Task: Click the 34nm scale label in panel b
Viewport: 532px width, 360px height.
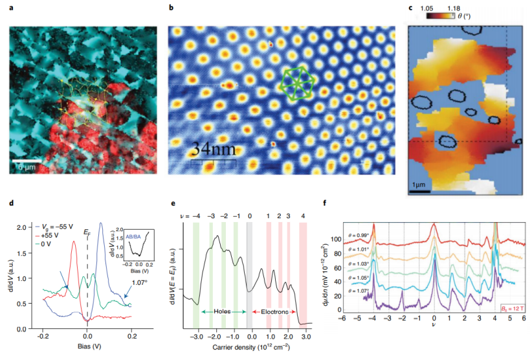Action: pos(212,151)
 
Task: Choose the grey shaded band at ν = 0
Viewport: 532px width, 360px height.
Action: pos(250,272)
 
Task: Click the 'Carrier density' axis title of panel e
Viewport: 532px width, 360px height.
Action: pos(248,348)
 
